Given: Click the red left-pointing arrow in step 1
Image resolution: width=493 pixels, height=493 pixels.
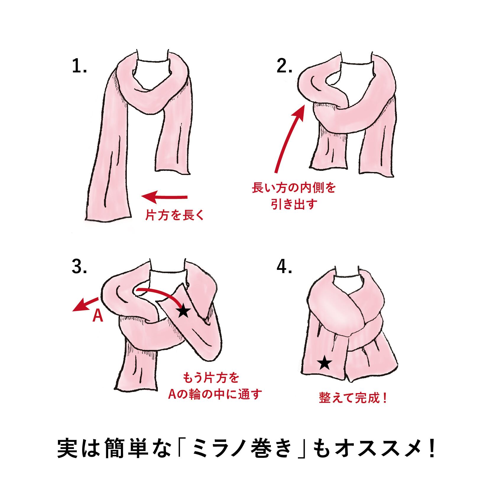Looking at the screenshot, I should point(164,197).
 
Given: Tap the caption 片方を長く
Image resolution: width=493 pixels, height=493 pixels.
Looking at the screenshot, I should point(175,216).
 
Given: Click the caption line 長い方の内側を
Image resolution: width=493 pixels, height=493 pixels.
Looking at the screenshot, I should point(294,188).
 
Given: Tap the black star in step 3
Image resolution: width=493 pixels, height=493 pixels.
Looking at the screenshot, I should point(184,311).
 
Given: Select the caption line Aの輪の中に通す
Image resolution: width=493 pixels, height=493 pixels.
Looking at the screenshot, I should point(215,394).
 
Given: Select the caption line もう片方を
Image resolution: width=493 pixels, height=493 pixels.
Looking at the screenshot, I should point(211,378).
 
